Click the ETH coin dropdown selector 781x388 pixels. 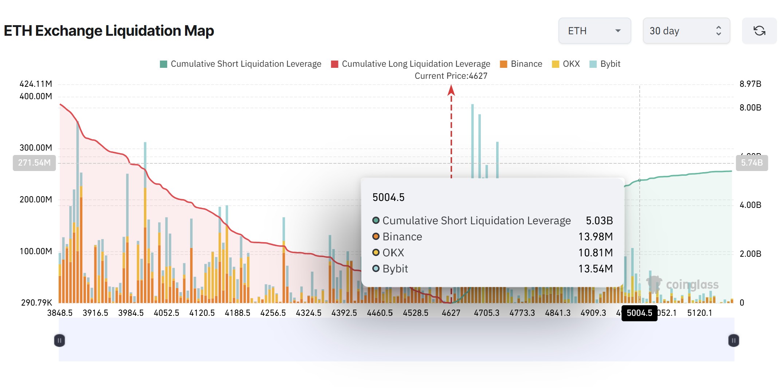coord(594,31)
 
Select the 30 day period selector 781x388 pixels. coord(686,31)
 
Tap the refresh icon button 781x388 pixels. coord(759,31)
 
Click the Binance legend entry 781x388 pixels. coord(521,64)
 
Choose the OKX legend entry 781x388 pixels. coord(566,64)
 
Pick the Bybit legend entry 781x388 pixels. coord(605,64)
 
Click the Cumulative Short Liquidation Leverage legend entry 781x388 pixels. coord(241,64)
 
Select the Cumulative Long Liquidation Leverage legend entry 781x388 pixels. coord(411,64)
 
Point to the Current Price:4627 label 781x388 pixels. coord(451,76)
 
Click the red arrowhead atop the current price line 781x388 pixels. coord(451,90)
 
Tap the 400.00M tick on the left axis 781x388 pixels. coord(36,96)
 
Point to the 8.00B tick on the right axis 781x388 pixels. coord(750,108)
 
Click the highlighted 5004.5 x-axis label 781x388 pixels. coord(639,313)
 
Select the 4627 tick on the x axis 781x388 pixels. coord(451,313)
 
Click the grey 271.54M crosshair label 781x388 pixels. coord(34,163)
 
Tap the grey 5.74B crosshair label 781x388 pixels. coord(752,163)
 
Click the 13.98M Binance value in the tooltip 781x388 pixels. coord(596,237)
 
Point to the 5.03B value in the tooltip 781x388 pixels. coord(599,221)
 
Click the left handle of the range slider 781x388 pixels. coord(59,341)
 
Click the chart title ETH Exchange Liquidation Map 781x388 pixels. coord(109,31)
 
